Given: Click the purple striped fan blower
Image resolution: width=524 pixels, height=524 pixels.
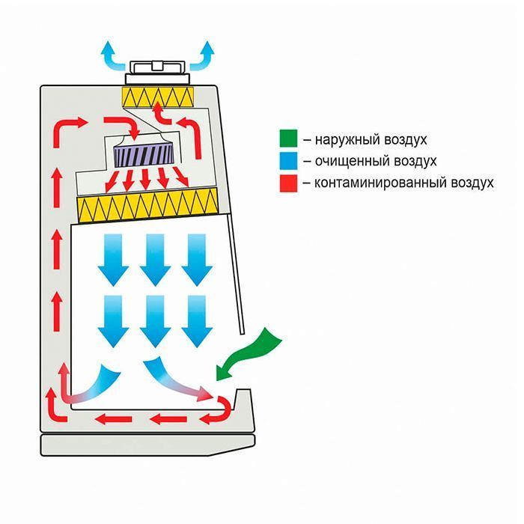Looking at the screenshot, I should pos(144,155).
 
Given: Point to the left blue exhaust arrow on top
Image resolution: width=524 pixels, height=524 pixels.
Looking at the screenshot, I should pos(110,54).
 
